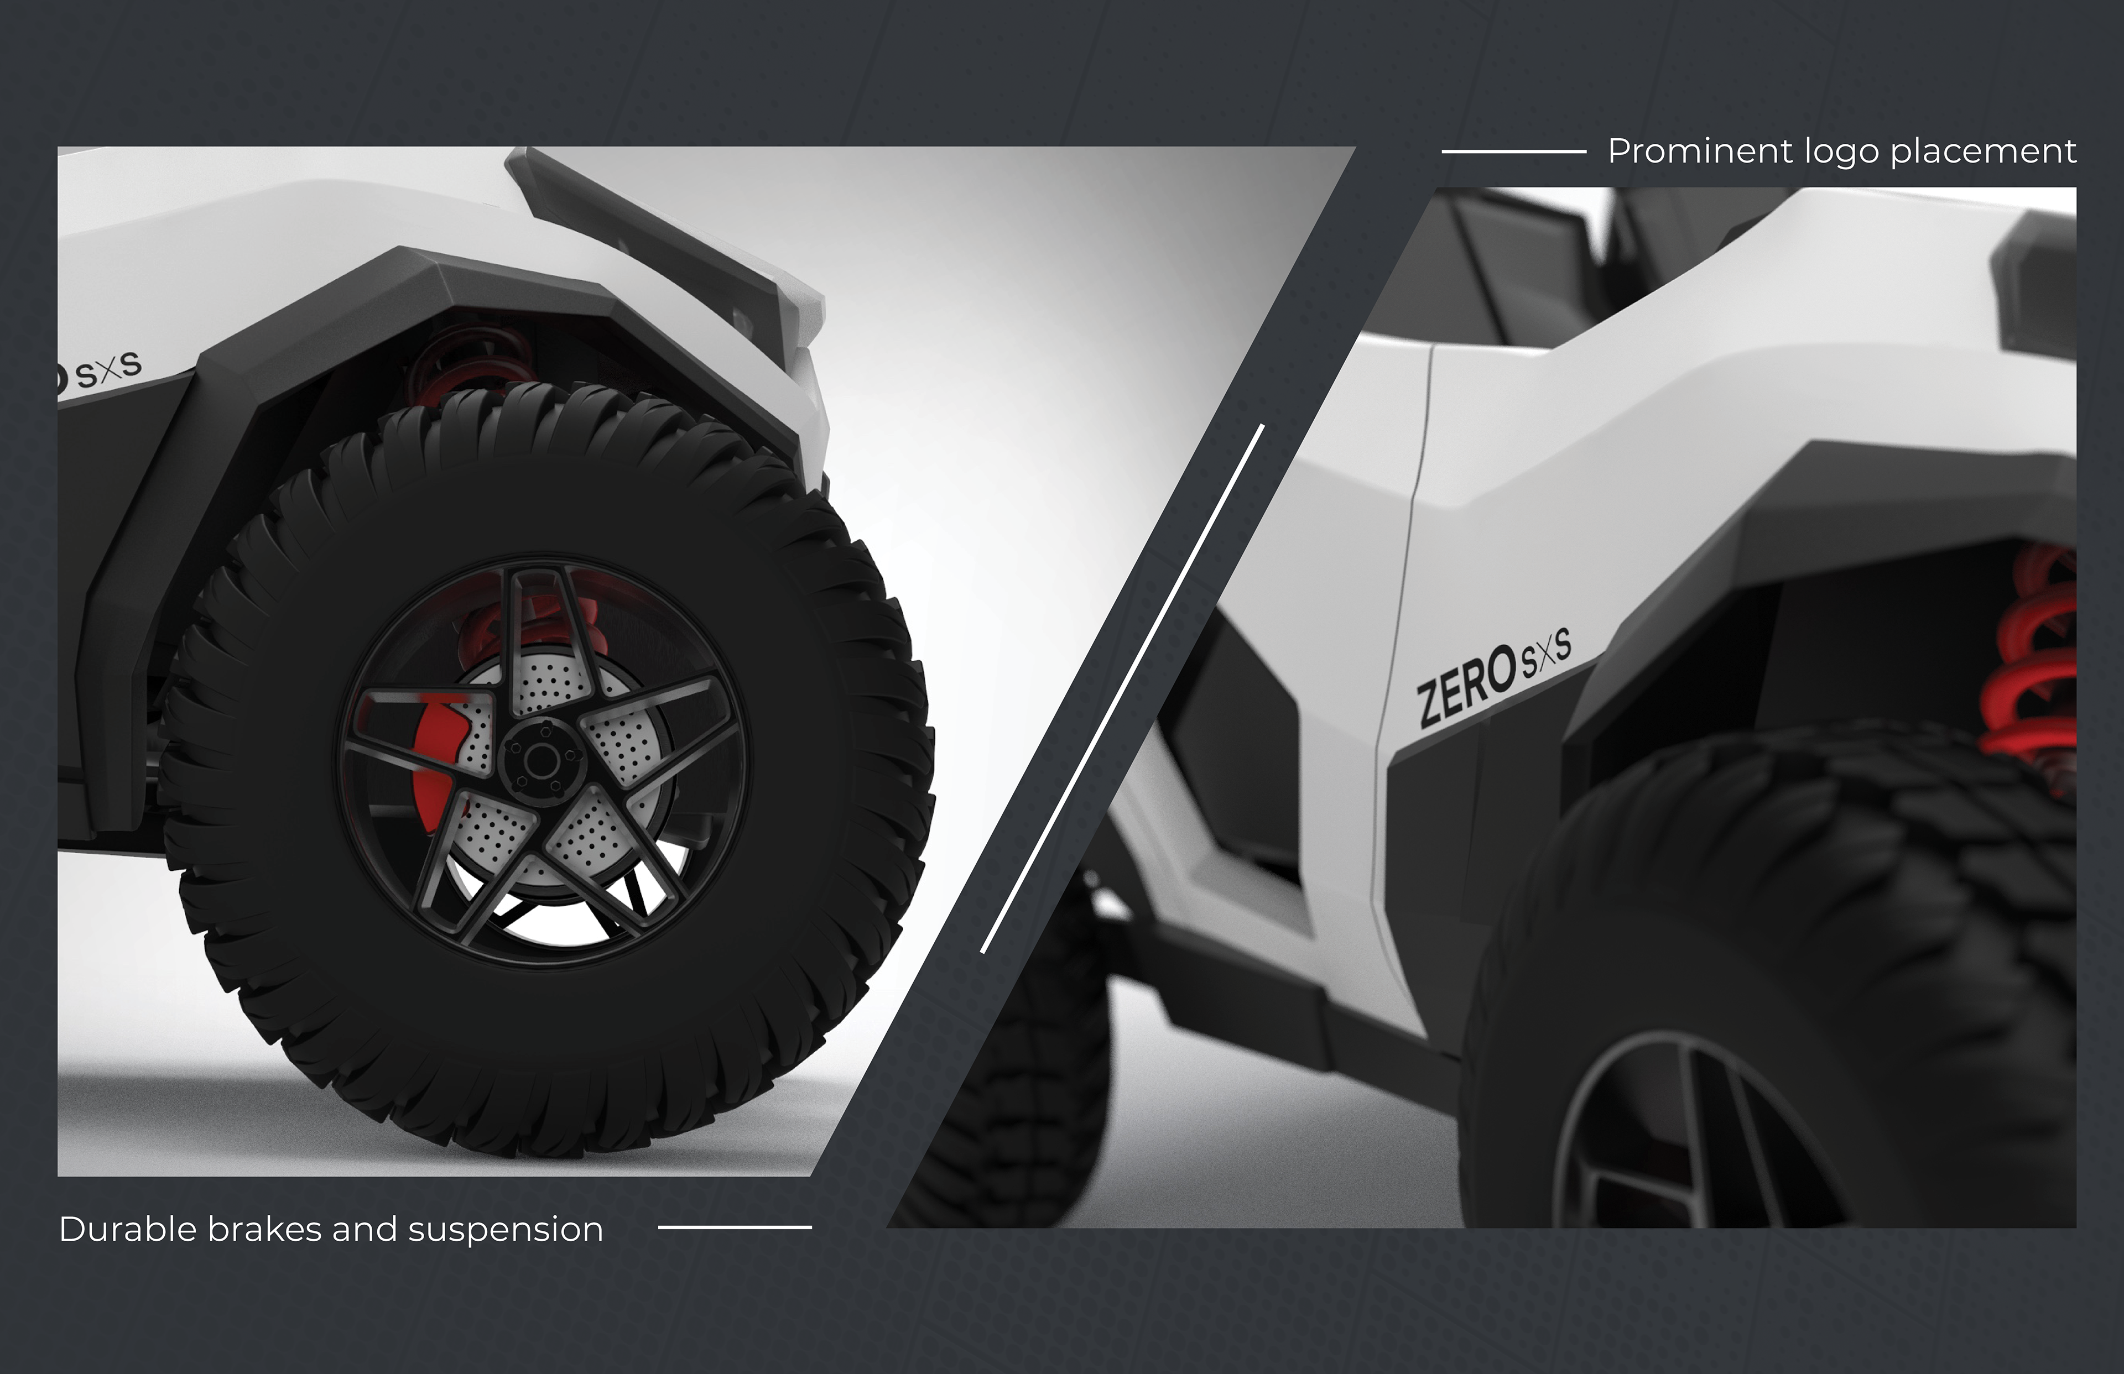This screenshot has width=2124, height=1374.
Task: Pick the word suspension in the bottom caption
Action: tap(505, 1231)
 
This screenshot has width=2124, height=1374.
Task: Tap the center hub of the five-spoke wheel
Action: tap(541, 761)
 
